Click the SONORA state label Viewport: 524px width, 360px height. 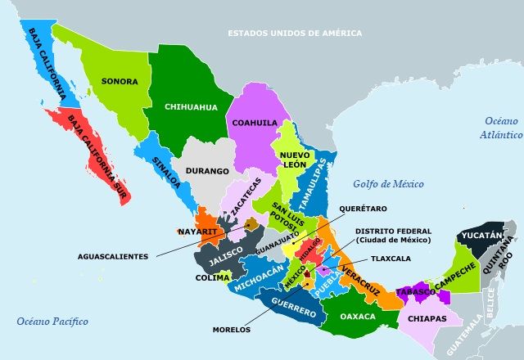pyautogui.click(x=120, y=81)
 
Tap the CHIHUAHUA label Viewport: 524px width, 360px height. pyautogui.click(x=191, y=106)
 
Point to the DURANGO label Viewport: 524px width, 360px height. pyautogui.click(x=206, y=172)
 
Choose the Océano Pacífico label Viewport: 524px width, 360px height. pyautogui.click(x=52, y=321)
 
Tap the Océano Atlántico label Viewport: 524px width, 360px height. pyautogui.click(x=501, y=127)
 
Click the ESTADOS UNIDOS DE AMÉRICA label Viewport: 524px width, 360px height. pyautogui.click(x=295, y=34)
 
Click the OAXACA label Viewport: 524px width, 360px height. pyautogui.click(x=357, y=316)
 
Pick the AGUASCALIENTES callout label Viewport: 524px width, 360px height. pyautogui.click(x=113, y=256)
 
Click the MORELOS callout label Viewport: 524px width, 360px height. pyautogui.click(x=231, y=331)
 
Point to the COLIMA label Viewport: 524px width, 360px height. pyautogui.click(x=212, y=278)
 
